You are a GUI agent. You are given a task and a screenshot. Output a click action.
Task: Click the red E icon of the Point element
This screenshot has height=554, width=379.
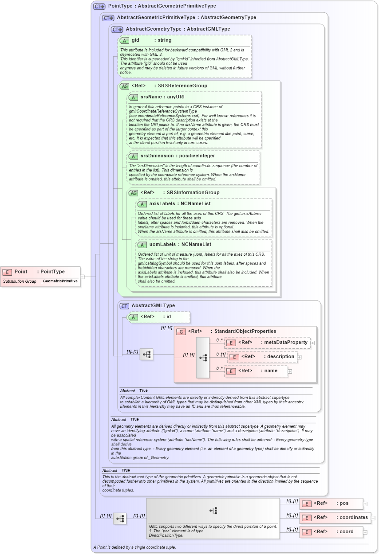[x=7, y=272]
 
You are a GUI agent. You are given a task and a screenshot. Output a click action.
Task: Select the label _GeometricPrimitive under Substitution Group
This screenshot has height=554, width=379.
[x=59, y=281]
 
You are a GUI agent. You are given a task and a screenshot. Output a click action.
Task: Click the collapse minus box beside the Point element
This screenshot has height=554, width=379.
[x=82, y=277]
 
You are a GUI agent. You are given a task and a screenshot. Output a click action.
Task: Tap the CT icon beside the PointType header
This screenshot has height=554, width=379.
[x=99, y=6]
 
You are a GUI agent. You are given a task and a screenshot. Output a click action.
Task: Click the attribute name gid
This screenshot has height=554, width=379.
[x=135, y=40]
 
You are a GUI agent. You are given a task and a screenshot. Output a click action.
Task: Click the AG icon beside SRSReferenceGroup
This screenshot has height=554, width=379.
[x=124, y=86]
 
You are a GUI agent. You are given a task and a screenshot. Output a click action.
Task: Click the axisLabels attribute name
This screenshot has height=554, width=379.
[x=162, y=204]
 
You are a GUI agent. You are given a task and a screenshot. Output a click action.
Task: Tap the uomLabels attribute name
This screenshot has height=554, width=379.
[x=162, y=245]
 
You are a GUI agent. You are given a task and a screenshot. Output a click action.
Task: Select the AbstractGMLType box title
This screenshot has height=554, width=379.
[x=153, y=306]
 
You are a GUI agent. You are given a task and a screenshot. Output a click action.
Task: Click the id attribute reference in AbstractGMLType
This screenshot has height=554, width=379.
[x=168, y=317]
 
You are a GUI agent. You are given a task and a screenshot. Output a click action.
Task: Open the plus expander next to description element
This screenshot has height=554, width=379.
[x=299, y=357]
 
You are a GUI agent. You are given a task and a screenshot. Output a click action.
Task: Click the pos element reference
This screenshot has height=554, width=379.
[x=344, y=503]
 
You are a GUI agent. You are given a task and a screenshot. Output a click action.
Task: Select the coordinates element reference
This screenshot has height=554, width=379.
[x=354, y=518]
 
